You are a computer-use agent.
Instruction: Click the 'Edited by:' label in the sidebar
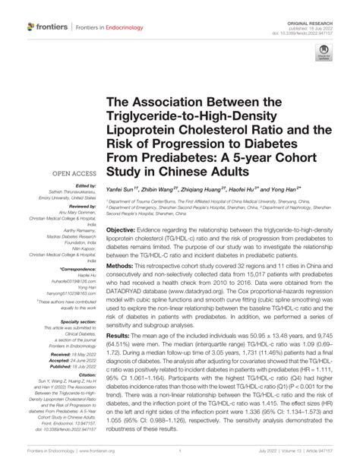[84, 185]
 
